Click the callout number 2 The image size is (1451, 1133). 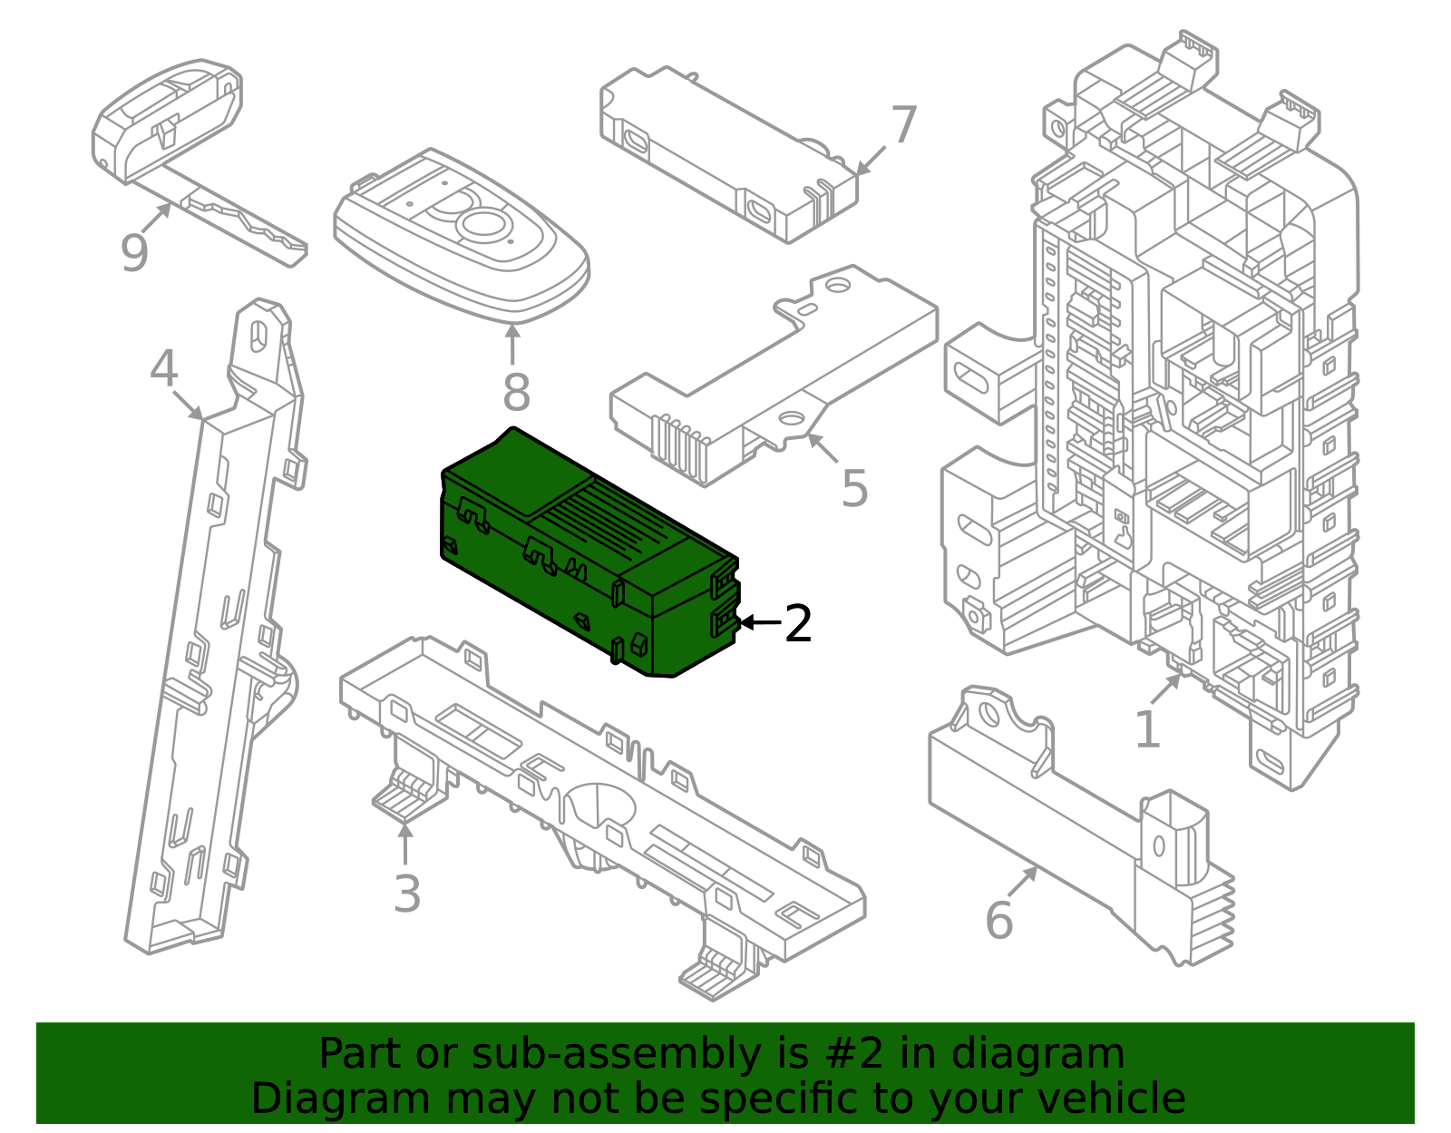(x=798, y=623)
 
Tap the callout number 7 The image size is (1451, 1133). (x=903, y=125)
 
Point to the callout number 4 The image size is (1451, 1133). (x=163, y=368)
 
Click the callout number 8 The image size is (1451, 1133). (x=516, y=392)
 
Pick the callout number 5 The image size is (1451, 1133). (x=854, y=488)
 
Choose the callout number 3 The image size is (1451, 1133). (x=406, y=894)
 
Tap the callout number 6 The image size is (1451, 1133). (x=999, y=920)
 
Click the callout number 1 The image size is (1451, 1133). (x=1147, y=728)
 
